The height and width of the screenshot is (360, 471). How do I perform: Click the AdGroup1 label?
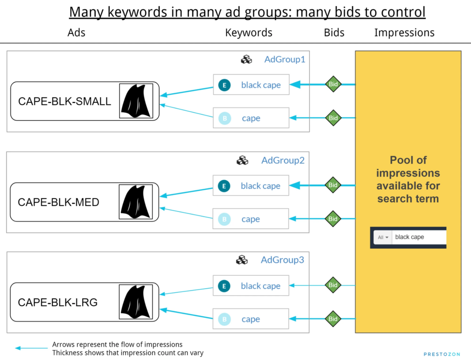click(x=285, y=59)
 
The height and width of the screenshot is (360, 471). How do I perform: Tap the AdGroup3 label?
click(x=282, y=260)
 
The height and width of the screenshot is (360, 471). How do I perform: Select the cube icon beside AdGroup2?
click(x=242, y=160)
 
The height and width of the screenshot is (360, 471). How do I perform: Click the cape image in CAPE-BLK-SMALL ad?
click(x=136, y=101)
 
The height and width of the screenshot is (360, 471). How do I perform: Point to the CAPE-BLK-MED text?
click(x=58, y=202)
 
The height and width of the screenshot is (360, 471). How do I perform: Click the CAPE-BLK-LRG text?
click(x=57, y=303)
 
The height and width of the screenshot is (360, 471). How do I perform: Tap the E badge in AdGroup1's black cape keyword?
click(x=224, y=85)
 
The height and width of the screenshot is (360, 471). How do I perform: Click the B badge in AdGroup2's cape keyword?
click(x=224, y=219)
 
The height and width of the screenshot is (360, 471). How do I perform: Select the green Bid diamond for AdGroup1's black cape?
click(x=333, y=84)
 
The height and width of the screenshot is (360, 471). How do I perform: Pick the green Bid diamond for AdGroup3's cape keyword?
click(x=333, y=319)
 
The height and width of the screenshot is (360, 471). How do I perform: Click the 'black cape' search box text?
click(x=409, y=237)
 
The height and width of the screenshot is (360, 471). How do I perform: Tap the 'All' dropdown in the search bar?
click(x=383, y=237)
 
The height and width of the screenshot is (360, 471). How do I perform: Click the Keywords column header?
click(x=249, y=33)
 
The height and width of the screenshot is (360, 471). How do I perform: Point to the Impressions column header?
click(x=404, y=33)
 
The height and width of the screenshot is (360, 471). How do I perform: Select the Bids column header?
click(x=334, y=33)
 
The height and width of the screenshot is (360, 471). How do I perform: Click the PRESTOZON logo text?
click(x=442, y=354)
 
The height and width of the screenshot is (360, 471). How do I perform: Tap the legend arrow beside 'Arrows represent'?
click(x=31, y=349)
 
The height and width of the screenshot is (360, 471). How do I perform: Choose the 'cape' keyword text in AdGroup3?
click(x=251, y=319)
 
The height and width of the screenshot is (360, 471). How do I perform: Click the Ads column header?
click(x=76, y=33)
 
